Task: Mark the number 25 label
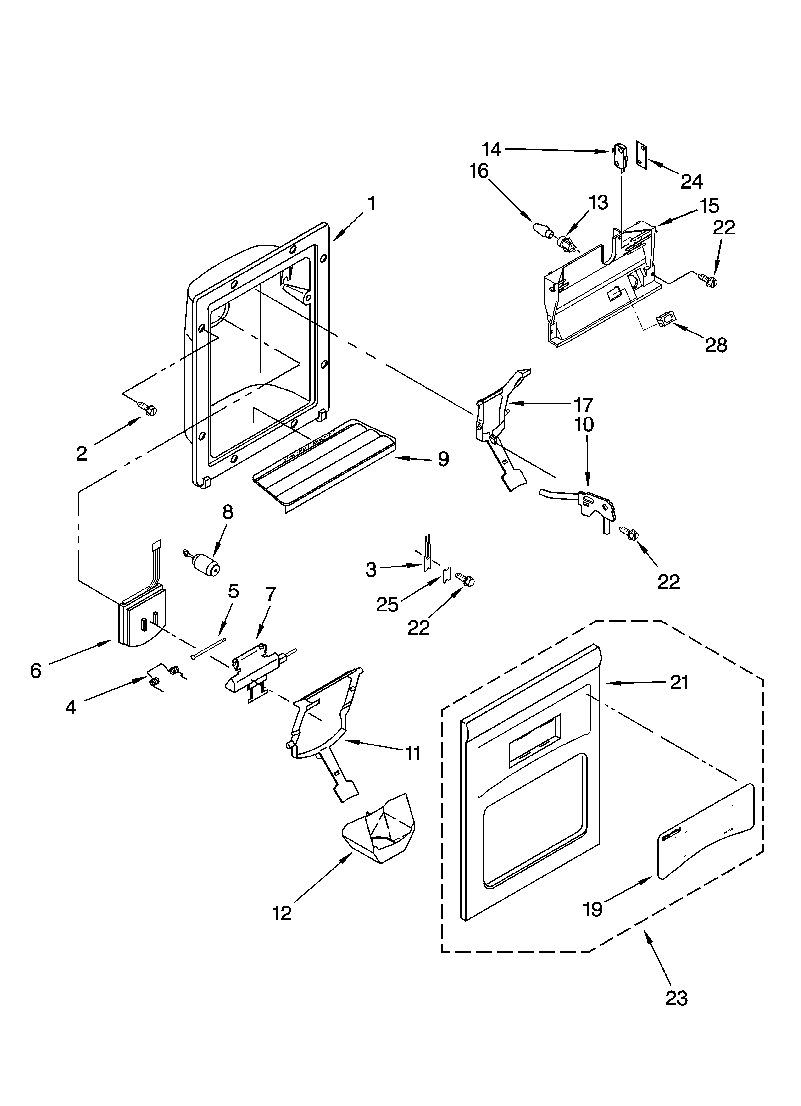[387, 605]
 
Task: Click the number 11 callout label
[413, 753]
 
